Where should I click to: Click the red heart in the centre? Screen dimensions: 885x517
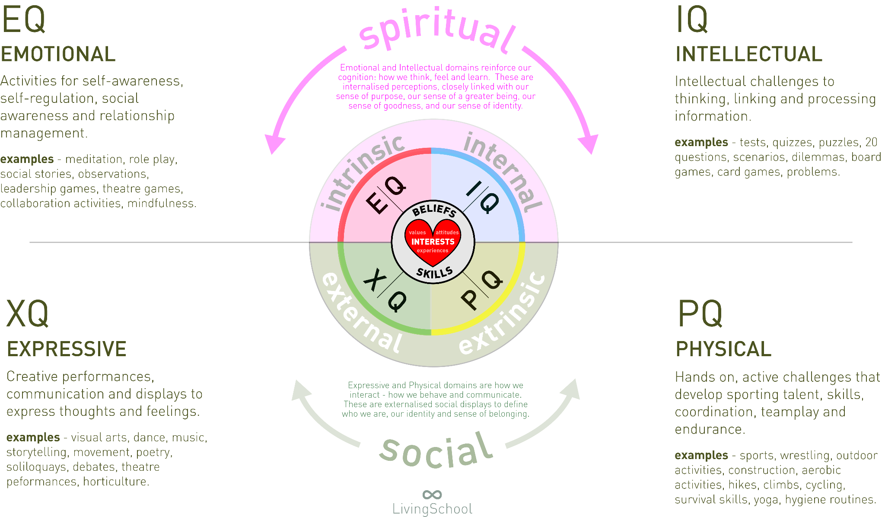coord(433,241)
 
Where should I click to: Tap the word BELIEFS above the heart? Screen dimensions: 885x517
coord(434,210)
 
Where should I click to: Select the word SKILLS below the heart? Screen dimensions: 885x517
coord(434,272)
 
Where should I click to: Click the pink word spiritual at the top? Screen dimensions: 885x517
coord(436,30)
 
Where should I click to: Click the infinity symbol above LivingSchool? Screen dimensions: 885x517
coord(432,494)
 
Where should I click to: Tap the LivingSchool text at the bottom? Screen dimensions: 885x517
coord(432,509)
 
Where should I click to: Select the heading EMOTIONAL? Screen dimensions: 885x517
coord(58,54)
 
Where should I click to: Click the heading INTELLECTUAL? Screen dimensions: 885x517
coord(749,54)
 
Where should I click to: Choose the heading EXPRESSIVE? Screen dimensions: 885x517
coord(67,349)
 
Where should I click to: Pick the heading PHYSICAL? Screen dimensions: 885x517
coord(723,349)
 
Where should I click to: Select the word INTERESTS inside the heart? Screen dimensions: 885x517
coord(433,242)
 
